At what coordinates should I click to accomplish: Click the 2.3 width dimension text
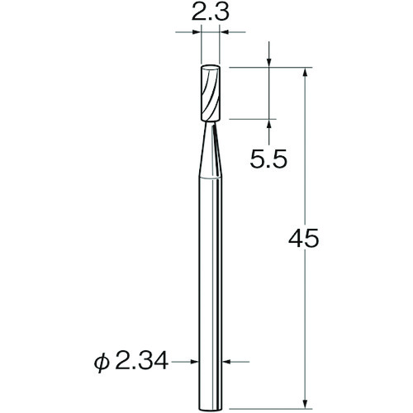click(x=211, y=13)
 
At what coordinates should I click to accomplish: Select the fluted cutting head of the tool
click(x=211, y=91)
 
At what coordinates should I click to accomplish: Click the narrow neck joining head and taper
click(x=211, y=122)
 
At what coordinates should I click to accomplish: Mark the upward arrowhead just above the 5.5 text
click(x=271, y=124)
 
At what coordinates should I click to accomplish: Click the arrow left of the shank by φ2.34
click(x=196, y=361)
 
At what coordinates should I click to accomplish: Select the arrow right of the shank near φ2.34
click(x=228, y=361)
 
